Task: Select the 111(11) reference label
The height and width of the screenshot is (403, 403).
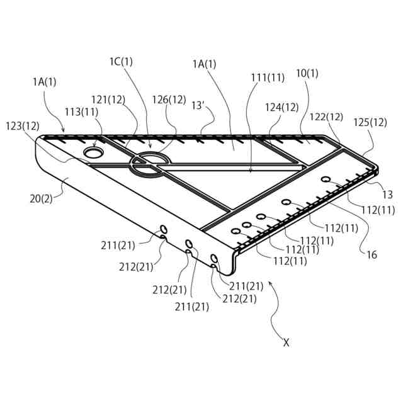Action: pyautogui.click(x=268, y=77)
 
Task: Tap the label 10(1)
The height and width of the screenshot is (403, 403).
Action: pyautogui.click(x=307, y=73)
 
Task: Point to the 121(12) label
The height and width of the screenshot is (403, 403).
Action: pyautogui.click(x=108, y=99)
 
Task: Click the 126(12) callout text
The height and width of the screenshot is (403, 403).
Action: pyautogui.click(x=169, y=99)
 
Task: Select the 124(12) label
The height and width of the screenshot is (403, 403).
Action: pyautogui.click(x=281, y=107)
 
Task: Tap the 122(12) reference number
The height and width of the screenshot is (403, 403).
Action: pyautogui.click(x=326, y=116)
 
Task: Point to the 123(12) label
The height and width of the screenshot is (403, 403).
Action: pyautogui.click(x=22, y=125)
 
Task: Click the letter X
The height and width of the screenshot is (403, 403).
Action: pyautogui.click(x=286, y=343)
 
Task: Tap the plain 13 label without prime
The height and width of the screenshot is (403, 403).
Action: pyautogui.click(x=388, y=195)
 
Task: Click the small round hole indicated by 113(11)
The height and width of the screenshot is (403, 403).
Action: pyautogui.click(x=94, y=152)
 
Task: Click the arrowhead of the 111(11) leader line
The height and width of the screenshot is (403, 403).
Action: pyautogui.click(x=251, y=171)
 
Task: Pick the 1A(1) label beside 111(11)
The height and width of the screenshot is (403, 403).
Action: pyautogui.click(x=204, y=64)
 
